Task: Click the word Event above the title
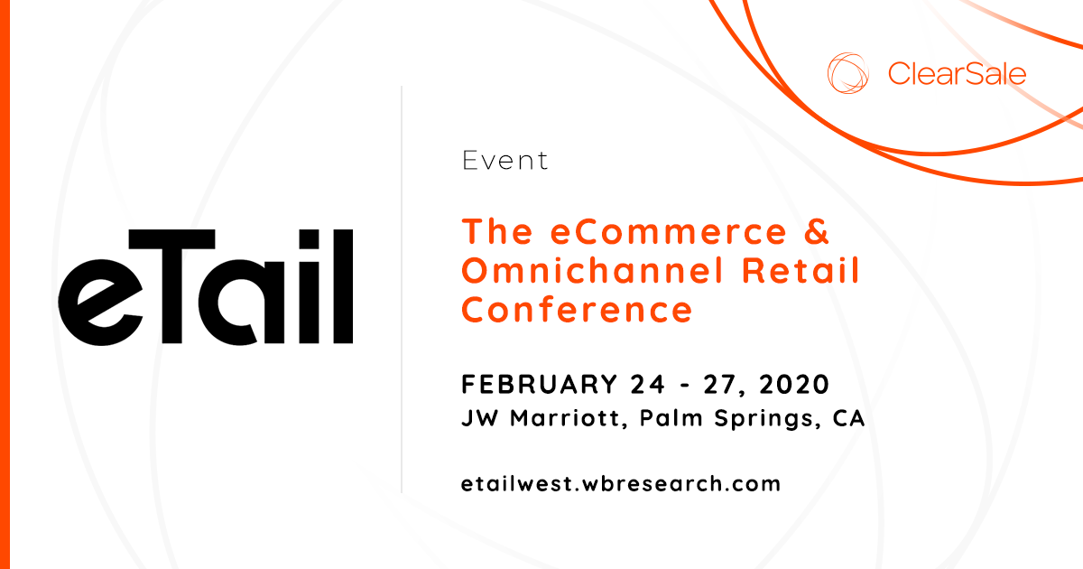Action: pos(504,161)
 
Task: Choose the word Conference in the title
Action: pos(577,309)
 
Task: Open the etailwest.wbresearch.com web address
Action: pos(620,483)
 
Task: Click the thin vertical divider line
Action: pos(402,289)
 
